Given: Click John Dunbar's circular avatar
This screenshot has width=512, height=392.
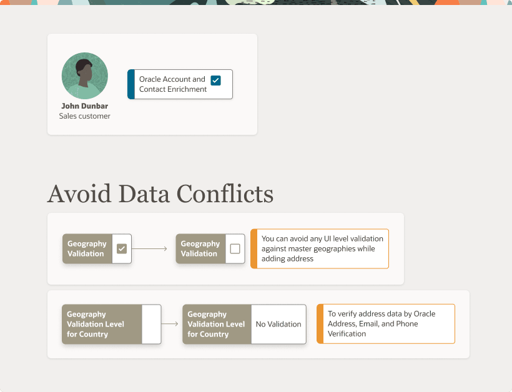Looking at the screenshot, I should (x=84, y=76).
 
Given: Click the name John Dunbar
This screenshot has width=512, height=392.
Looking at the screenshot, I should (x=84, y=106).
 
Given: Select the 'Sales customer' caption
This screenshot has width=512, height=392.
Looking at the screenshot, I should (x=84, y=116).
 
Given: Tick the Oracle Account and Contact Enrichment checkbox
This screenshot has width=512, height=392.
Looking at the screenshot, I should (x=215, y=81).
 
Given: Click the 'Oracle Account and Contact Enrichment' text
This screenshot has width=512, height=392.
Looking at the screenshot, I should (x=172, y=84).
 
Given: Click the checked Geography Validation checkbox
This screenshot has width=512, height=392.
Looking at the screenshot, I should (x=122, y=248).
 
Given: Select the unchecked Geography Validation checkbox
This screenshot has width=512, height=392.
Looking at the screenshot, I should (x=235, y=248).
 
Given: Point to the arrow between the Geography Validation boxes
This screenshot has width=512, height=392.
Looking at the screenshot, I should (x=150, y=248).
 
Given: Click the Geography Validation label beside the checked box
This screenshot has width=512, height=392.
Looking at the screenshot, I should (x=87, y=248).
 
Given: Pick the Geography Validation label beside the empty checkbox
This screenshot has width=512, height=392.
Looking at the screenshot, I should (x=200, y=248).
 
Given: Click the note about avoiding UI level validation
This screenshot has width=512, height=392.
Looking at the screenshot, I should (x=322, y=248).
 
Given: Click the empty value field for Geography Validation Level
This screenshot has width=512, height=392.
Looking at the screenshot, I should (x=151, y=324).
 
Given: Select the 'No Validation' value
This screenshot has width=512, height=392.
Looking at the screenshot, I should (x=278, y=324).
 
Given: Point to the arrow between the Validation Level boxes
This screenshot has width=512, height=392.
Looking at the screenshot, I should (x=170, y=324).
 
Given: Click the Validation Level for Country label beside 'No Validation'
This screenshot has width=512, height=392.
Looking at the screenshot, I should (x=216, y=324).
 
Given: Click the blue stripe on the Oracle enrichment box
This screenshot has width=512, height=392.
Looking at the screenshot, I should (x=131, y=84).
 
